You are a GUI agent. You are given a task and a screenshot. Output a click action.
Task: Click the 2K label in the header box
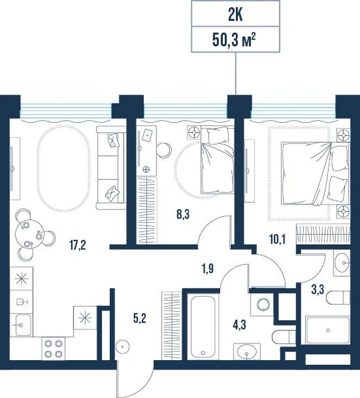click(x=235, y=15)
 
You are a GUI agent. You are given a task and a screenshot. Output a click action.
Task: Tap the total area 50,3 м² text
click(x=233, y=40)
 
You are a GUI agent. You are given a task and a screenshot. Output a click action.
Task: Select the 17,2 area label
click(x=78, y=245)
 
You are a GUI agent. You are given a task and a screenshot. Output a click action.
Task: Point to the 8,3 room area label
click(x=183, y=214)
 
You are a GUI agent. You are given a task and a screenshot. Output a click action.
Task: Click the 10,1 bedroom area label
click(x=277, y=239)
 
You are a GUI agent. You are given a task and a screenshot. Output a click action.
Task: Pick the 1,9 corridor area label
click(x=208, y=269)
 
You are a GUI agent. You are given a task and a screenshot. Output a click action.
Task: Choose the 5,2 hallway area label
click(x=140, y=318)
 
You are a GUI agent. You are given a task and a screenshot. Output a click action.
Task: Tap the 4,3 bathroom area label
click(x=239, y=325)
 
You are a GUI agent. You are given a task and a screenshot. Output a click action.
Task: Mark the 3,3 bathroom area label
click(x=318, y=290)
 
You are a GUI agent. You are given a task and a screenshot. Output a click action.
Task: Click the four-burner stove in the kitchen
click(x=53, y=348)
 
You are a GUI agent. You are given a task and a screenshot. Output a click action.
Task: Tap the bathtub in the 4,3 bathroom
click(x=203, y=326)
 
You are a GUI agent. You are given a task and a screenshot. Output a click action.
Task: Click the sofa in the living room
click(x=111, y=168)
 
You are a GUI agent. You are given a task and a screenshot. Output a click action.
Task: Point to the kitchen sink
click(x=21, y=325)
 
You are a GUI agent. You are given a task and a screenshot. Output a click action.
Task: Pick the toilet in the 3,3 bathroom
click(x=338, y=298)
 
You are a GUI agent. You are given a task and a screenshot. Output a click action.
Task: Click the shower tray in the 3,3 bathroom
click(x=328, y=330)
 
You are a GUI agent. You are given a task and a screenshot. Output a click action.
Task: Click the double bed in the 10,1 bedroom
click(x=316, y=174)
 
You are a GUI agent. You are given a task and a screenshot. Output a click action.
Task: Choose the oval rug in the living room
click(x=64, y=168)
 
